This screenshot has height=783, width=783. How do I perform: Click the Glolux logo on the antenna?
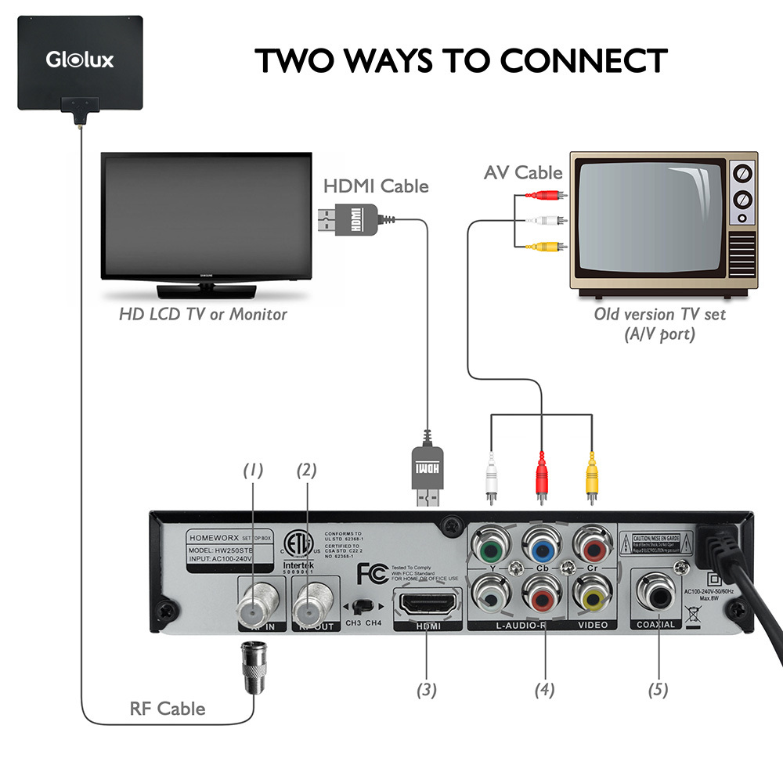79,59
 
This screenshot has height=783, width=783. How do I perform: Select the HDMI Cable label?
376,186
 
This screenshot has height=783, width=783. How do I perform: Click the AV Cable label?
523,172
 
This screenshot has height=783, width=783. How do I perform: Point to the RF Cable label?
168,709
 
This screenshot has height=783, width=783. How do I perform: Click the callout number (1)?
252,471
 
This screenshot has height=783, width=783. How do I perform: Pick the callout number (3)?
426,690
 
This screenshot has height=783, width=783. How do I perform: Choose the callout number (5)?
658,690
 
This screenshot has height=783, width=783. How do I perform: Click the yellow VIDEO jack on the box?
592,597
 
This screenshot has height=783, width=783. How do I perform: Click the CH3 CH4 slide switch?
362,606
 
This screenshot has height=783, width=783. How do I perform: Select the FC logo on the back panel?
370,574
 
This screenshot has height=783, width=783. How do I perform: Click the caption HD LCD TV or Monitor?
203,315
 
